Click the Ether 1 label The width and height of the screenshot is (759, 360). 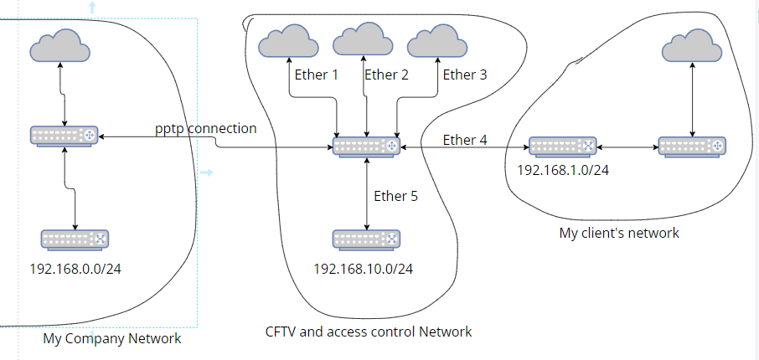pyautogui.click(x=316, y=75)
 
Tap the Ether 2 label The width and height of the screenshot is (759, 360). pyautogui.click(x=386, y=75)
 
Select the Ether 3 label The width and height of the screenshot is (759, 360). pyautogui.click(x=465, y=75)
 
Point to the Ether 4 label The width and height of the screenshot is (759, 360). pyautogui.click(x=465, y=140)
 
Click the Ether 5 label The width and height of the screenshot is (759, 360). pyautogui.click(x=395, y=196)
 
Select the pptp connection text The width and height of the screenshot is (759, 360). pyautogui.click(x=206, y=129)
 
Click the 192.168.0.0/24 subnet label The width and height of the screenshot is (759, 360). pyautogui.click(x=75, y=269)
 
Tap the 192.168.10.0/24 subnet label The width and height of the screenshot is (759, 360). pyautogui.click(x=364, y=269)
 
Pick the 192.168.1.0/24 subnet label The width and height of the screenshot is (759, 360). pyautogui.click(x=563, y=170)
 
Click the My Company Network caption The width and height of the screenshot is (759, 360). pyautogui.click(x=112, y=338)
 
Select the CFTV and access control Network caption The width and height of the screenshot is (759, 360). pyautogui.click(x=369, y=332)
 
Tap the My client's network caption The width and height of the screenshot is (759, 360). pyautogui.click(x=619, y=233)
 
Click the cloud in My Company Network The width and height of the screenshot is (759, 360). pyautogui.click(x=60, y=45)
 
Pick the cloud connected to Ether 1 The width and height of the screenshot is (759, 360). pyautogui.click(x=288, y=41)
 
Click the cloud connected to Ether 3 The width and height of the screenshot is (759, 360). pyautogui.click(x=437, y=41)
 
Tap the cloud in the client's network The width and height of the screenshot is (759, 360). pyautogui.click(x=692, y=45)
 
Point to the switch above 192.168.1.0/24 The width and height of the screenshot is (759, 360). pyautogui.click(x=562, y=147)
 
